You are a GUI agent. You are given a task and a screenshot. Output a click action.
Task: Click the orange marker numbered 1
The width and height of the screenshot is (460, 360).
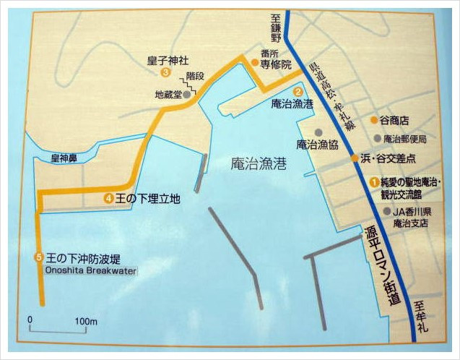[374, 181]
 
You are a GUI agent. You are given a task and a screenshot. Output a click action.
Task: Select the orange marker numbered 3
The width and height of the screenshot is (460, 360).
[166, 72]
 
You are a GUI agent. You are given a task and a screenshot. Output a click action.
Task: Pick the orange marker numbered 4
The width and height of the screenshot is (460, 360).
[108, 197]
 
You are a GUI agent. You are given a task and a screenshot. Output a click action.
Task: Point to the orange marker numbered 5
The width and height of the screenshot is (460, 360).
[39, 257]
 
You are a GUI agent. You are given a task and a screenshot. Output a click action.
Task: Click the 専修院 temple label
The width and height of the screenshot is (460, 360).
[277, 64]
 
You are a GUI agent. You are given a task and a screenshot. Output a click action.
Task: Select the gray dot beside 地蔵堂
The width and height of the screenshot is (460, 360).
[187, 94]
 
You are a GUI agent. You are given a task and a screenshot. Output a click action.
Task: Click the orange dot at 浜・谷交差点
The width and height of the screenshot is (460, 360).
[355, 158]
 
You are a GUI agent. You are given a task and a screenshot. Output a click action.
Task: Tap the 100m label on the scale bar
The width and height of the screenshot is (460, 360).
[86, 320]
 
